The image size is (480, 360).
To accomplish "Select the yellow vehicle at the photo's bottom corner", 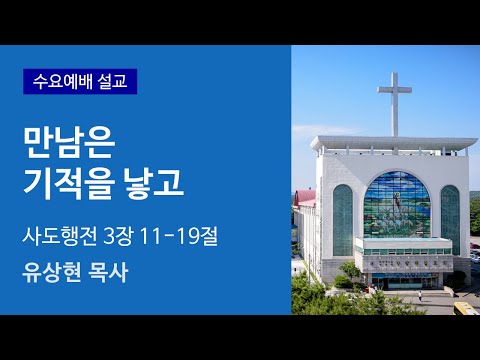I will pyautogui.click(x=467, y=309).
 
